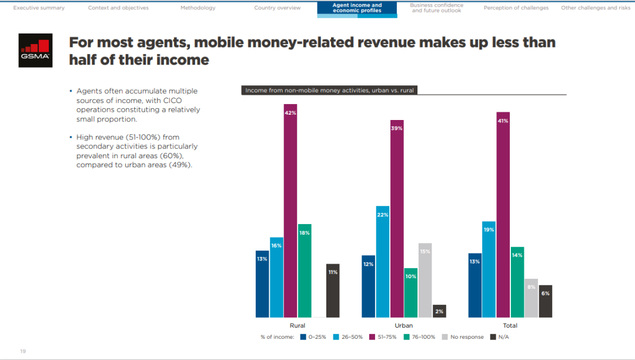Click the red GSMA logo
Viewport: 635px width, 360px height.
coord(35,50)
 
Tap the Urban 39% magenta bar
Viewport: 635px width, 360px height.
coord(397,219)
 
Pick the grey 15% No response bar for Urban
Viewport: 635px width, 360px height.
coord(425,280)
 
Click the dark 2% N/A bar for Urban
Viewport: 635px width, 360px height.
coord(439,311)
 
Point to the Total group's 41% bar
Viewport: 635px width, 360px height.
coord(503,215)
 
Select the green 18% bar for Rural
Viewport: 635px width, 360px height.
coord(305,271)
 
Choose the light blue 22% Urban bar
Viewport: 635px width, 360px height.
coord(383,262)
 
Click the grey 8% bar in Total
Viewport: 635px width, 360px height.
coord(531,298)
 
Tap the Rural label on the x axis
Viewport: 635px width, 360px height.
coord(298,325)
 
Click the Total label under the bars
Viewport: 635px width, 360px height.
coord(510,325)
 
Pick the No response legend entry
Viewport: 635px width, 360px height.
coord(463,337)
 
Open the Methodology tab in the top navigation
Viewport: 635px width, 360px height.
coord(198,8)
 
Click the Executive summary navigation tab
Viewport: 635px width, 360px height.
coord(39,8)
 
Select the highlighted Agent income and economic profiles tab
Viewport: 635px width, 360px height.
coord(357,8)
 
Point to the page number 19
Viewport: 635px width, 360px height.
coord(23,351)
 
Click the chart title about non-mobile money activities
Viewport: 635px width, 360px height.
coord(329,91)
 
